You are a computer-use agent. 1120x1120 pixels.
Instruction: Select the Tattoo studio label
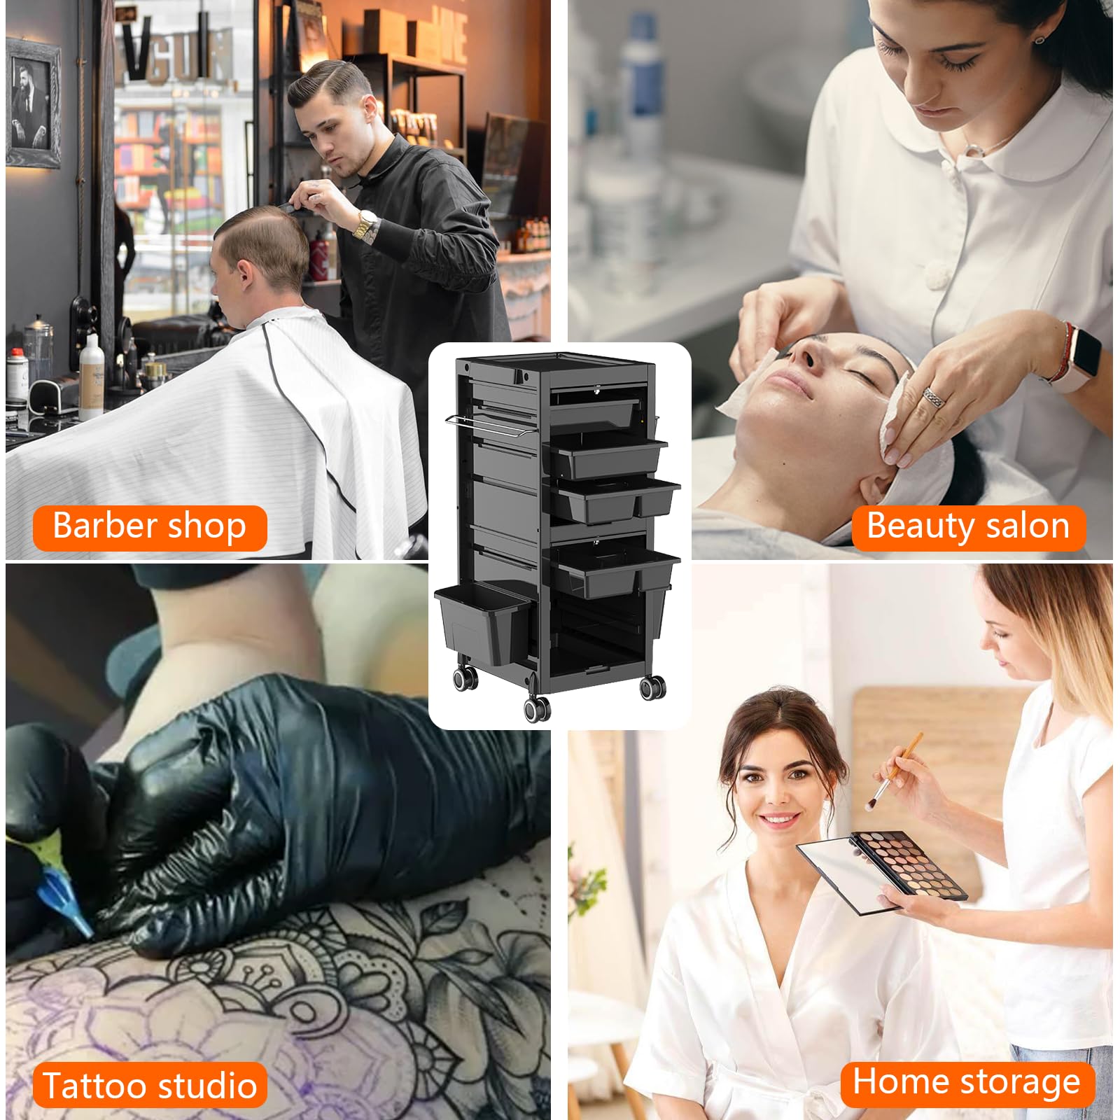150,1085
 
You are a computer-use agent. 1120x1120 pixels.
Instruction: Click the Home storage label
967,1082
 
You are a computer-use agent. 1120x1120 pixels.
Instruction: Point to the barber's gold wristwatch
365,225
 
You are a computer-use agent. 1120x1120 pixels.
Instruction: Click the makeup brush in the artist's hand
896,770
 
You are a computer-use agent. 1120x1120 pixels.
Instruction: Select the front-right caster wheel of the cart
652,687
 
